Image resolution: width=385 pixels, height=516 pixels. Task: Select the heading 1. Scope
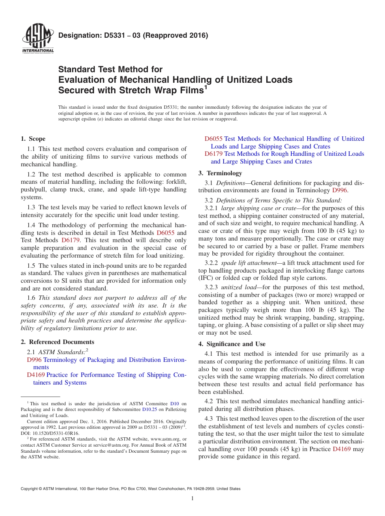(x=33, y=139)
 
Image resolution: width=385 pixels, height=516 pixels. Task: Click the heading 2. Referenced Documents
(x=58, y=342)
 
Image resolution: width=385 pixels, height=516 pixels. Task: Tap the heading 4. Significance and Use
(x=232, y=344)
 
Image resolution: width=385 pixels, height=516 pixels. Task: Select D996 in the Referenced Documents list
(x=34, y=360)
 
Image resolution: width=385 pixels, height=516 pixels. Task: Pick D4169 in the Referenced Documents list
(x=36, y=375)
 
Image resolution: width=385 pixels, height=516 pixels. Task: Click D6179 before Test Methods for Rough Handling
(x=214, y=154)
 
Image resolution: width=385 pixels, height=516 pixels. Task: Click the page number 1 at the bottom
(x=192, y=499)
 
